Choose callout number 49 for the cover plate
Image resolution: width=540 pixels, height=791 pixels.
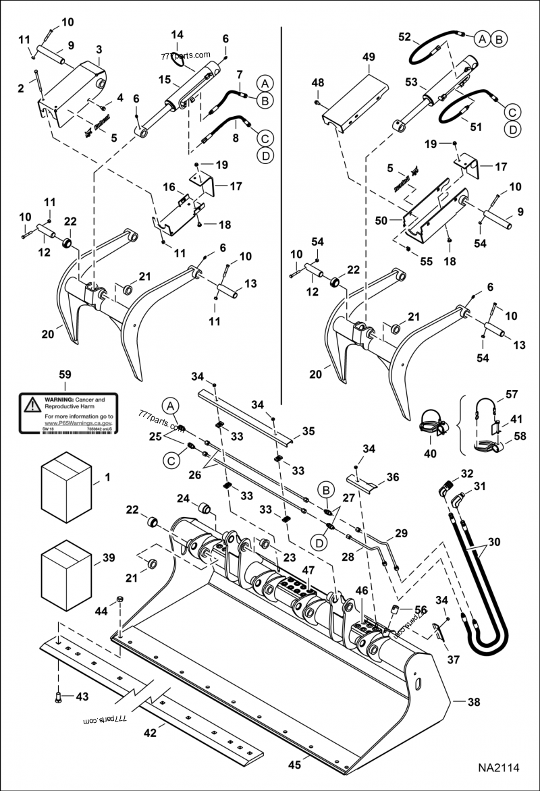[368, 58]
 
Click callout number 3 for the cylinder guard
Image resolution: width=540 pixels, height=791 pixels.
[99, 50]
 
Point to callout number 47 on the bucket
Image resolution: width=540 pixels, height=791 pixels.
[308, 570]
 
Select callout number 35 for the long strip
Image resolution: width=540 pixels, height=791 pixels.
[308, 431]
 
